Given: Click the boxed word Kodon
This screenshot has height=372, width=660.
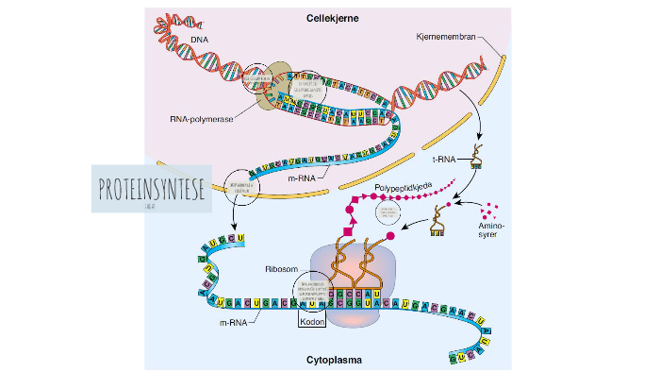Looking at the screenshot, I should click(311, 321).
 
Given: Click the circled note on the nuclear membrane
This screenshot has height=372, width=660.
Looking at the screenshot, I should click(243, 186).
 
